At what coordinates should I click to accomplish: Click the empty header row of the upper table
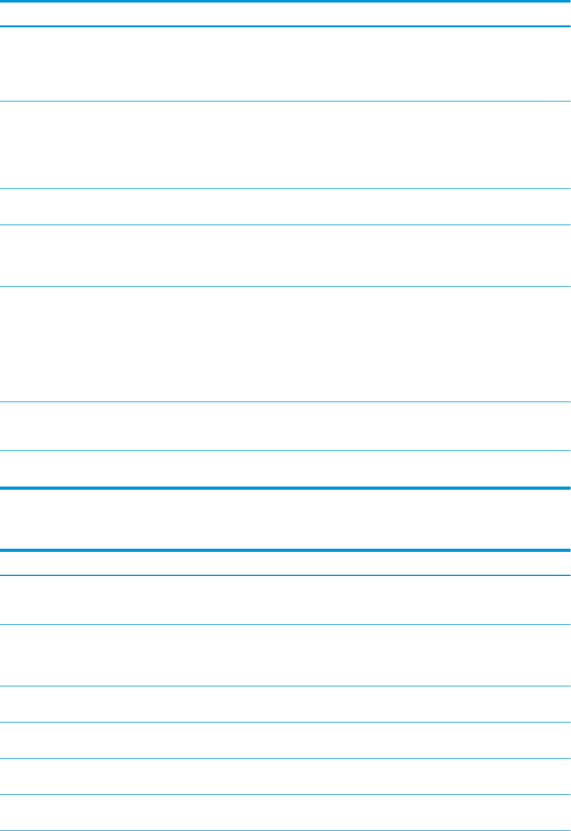285,13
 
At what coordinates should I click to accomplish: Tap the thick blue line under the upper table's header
285,26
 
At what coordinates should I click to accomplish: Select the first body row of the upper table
285,63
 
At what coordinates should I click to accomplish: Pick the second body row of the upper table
285,145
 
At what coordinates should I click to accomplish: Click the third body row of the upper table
285,206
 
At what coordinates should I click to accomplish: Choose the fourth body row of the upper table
285,255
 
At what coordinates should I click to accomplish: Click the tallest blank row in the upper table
285,343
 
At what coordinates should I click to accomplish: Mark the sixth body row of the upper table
285,426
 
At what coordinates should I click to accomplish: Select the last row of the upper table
285,468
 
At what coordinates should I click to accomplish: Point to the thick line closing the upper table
285,488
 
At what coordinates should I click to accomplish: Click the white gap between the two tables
285,518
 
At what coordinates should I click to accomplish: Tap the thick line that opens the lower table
285,550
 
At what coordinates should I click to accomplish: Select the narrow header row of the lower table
285,563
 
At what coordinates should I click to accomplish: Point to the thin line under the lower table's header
285,575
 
